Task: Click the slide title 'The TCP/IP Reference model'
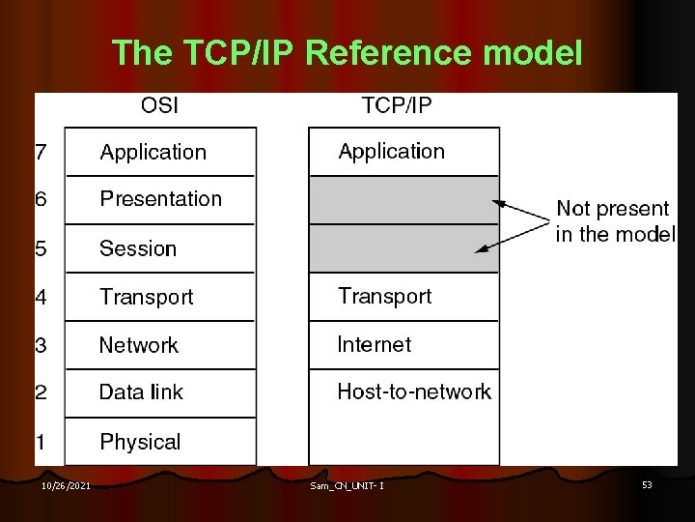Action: [347, 53]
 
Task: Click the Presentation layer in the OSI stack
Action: [160, 199]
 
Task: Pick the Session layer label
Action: [138, 248]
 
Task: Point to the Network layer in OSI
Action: [139, 345]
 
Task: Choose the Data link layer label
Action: [141, 392]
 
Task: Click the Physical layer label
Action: [140, 442]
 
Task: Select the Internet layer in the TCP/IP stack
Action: [374, 344]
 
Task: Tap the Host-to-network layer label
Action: [413, 391]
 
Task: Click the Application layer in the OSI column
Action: [153, 152]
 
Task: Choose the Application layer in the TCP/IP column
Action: [391, 151]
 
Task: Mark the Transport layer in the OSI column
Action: [146, 297]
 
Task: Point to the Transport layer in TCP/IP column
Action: [384, 296]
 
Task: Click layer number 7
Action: [41, 152]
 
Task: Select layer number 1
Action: [41, 442]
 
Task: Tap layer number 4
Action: [41, 297]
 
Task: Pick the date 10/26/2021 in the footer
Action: [67, 485]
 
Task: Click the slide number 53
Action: [647, 484]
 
